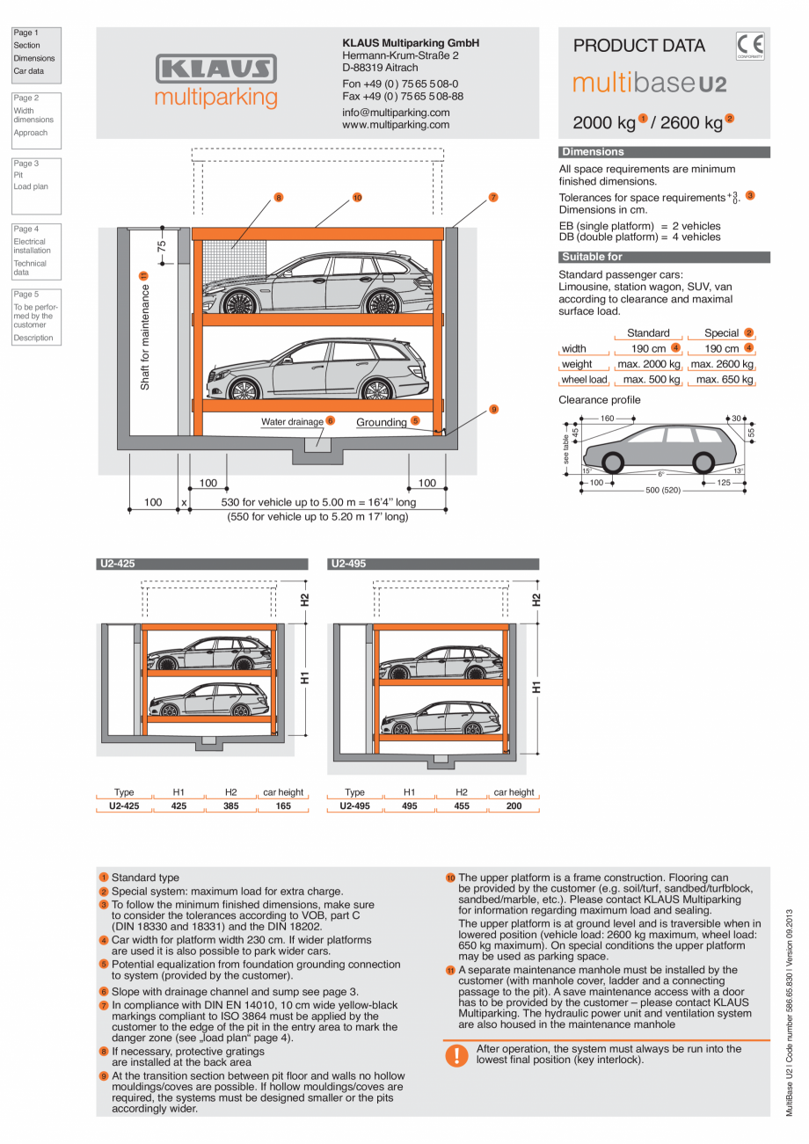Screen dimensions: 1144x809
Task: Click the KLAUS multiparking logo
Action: [215, 81]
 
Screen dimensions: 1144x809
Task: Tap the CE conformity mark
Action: [750, 45]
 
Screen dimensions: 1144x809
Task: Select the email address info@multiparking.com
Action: [396, 113]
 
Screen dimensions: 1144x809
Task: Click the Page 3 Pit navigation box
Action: [36, 186]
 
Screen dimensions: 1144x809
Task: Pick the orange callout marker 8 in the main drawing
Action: [278, 198]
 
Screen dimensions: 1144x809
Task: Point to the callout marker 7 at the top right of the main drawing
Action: [493, 198]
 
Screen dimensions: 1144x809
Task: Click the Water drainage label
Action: [291, 422]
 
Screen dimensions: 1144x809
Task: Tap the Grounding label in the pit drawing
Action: [381, 422]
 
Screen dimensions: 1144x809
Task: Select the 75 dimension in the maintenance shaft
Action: [162, 247]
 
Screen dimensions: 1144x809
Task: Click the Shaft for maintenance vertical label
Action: [145, 335]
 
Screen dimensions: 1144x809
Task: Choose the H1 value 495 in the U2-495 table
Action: [410, 805]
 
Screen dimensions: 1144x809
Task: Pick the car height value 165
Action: [283, 805]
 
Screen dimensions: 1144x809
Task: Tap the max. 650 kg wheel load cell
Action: [722, 380]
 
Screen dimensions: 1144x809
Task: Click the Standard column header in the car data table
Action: [648, 333]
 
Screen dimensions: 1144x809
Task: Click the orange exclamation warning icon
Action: [456, 1054]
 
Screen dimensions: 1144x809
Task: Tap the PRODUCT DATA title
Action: [638, 46]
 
